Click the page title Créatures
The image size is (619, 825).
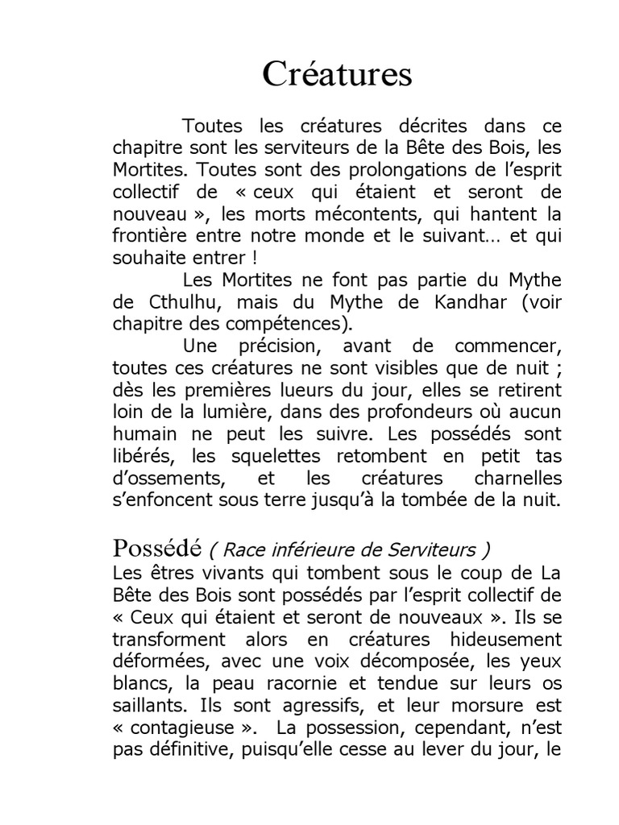[337, 75]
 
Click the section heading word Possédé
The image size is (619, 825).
[156, 549]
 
